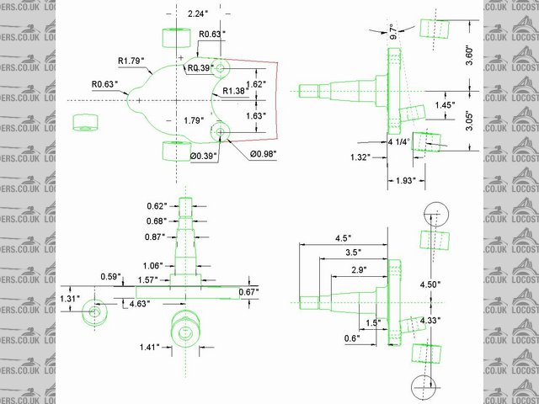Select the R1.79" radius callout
(x=131, y=60)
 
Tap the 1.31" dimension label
(x=70, y=298)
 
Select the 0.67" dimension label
(x=248, y=291)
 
